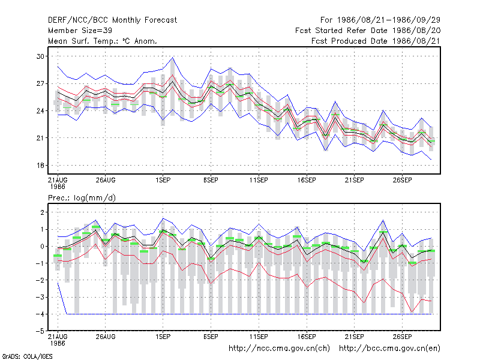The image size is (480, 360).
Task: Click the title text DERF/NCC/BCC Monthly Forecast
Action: point(112,20)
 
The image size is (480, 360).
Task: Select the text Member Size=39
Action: point(80,31)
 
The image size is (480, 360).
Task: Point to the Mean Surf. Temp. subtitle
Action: point(103,41)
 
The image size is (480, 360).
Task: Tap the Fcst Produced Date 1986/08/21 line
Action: point(376,41)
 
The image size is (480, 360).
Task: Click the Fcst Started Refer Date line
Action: point(368,31)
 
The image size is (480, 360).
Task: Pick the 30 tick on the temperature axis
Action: point(40,56)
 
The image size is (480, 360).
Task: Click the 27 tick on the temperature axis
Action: point(40,83)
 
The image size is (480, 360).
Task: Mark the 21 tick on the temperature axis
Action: point(40,138)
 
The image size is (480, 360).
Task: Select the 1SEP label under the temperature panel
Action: point(163,180)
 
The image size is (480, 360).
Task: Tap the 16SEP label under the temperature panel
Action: point(307,180)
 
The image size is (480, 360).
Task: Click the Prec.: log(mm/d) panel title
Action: point(82,198)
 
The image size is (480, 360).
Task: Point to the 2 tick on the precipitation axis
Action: point(42,212)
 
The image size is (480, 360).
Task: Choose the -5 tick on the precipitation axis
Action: point(40,331)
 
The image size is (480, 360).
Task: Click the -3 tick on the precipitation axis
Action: point(40,297)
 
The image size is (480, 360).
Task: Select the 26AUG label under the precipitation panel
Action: point(106,337)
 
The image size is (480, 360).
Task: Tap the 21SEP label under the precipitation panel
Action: point(355,337)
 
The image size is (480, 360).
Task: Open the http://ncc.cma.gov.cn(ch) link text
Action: point(279,349)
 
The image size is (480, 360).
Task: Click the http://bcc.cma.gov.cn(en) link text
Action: point(389,349)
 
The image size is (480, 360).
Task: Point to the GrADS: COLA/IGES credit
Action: point(27,356)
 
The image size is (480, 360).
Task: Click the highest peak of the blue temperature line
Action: point(173,57)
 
